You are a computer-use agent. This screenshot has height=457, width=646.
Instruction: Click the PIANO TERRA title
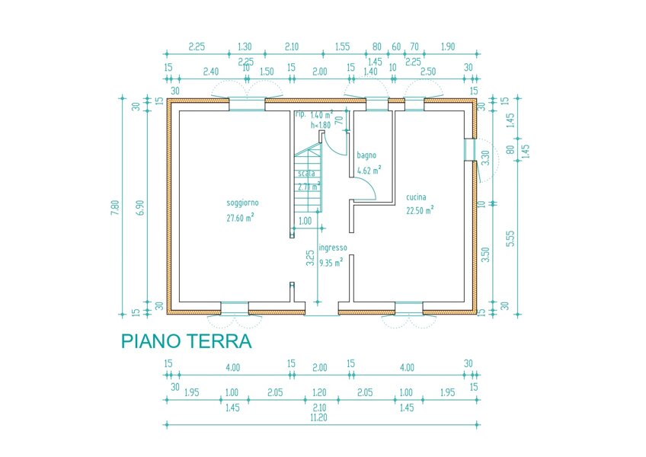tap(186, 340)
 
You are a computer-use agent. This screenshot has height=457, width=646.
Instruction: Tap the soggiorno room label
tap(242, 203)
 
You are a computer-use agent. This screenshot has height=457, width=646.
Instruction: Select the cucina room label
tap(416, 197)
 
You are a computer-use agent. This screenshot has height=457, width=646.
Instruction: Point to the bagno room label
tap(366, 155)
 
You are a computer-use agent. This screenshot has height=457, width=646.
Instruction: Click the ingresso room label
tap(333, 248)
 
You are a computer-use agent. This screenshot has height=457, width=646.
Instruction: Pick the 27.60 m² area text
tap(240, 217)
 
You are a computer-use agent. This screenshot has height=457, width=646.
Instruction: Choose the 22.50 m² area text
tap(420, 210)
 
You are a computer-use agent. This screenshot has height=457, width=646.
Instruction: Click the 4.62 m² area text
tap(369, 170)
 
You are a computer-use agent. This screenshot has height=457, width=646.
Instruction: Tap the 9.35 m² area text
tap(331, 262)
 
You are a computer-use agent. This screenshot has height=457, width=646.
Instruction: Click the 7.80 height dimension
tap(115, 206)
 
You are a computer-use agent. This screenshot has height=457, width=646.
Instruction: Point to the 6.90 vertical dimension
tap(138, 206)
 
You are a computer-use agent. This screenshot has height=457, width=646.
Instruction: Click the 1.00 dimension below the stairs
tap(305, 221)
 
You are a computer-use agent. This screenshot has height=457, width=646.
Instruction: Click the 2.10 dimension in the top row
tap(291, 46)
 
